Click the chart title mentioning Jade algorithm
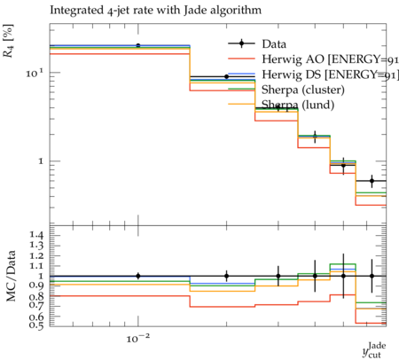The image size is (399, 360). (155, 11)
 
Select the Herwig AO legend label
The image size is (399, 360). (330, 59)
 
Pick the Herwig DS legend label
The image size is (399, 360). (330, 74)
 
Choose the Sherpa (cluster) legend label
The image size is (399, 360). (303, 90)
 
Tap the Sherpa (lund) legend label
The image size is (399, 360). (298, 105)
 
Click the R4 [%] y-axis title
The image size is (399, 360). (8, 41)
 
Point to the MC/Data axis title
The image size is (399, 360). (11, 276)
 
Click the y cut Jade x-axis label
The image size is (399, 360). (374, 350)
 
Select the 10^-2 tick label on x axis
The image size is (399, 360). (138, 338)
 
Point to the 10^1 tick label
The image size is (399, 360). (35, 73)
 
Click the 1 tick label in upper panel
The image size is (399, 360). (41, 161)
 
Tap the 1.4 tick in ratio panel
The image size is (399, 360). (36, 235)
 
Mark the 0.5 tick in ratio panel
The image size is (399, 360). (36, 325)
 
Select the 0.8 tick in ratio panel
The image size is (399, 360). (36, 296)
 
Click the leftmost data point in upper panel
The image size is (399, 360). (138, 45)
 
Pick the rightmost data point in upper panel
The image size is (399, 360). (372, 181)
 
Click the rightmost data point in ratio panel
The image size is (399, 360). (372, 276)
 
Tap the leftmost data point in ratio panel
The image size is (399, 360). (138, 276)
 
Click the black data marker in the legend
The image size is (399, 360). (241, 43)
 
